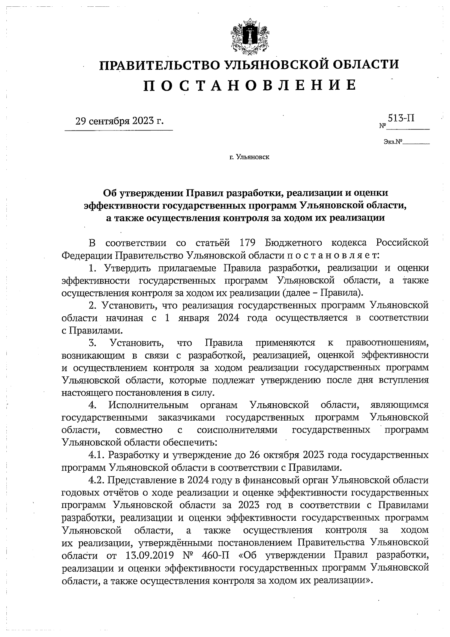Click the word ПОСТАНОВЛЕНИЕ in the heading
pos(250,86)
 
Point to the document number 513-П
pos(401,119)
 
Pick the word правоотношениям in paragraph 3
pos(387,343)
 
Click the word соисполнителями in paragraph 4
pos(237,430)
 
